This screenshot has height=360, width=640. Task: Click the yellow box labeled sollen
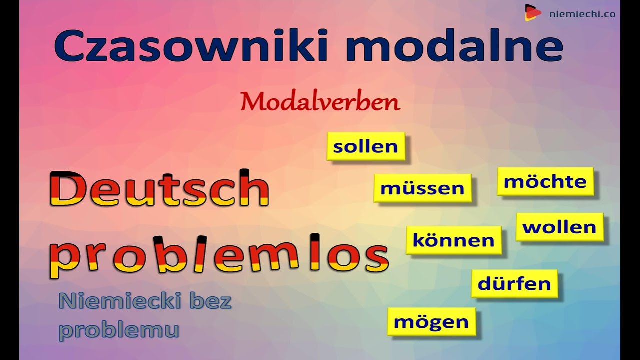pyautogui.click(x=366, y=146)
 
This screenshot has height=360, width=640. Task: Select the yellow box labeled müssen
pyautogui.click(x=423, y=188)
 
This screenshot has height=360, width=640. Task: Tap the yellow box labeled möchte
pyautogui.click(x=545, y=181)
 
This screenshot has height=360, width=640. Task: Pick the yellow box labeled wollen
pyautogui.click(x=559, y=227)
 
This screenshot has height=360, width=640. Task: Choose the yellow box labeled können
pyautogui.click(x=454, y=240)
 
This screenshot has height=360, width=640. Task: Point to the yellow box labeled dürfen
pyautogui.click(x=514, y=283)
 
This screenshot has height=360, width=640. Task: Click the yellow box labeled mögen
pyautogui.click(x=431, y=321)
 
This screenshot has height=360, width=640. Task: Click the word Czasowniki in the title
pyautogui.click(x=191, y=45)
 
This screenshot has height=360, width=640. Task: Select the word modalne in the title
pyautogui.click(x=454, y=45)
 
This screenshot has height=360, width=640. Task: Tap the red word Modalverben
pyautogui.click(x=320, y=102)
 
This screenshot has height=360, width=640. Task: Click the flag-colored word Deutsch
pyautogui.click(x=159, y=188)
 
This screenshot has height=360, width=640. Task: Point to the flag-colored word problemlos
pyautogui.click(x=219, y=256)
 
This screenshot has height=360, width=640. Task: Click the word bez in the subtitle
pyautogui.click(x=210, y=301)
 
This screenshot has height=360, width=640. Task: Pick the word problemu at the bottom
pyautogui.click(x=119, y=331)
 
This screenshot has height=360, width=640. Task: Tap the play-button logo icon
pyautogui.click(x=533, y=13)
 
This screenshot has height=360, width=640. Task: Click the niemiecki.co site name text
pyautogui.click(x=583, y=14)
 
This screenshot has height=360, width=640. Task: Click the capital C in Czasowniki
pyautogui.click(x=69, y=45)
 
